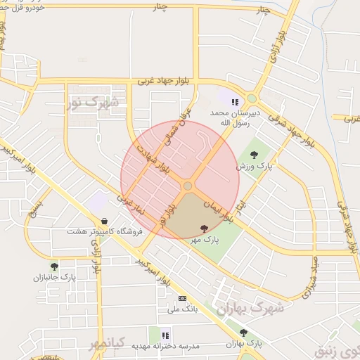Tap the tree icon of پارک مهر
tap(204, 228)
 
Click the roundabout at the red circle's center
tap(188, 186)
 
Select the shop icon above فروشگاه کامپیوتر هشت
tap(104, 221)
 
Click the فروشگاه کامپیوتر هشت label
tap(105, 231)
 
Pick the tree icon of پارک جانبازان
tap(54, 266)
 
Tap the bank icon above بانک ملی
tap(182, 298)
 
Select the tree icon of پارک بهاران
tap(243, 333)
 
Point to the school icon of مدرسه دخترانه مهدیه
tap(166, 335)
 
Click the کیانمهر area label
tap(107, 343)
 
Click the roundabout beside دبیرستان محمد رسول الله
tap(252, 98)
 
